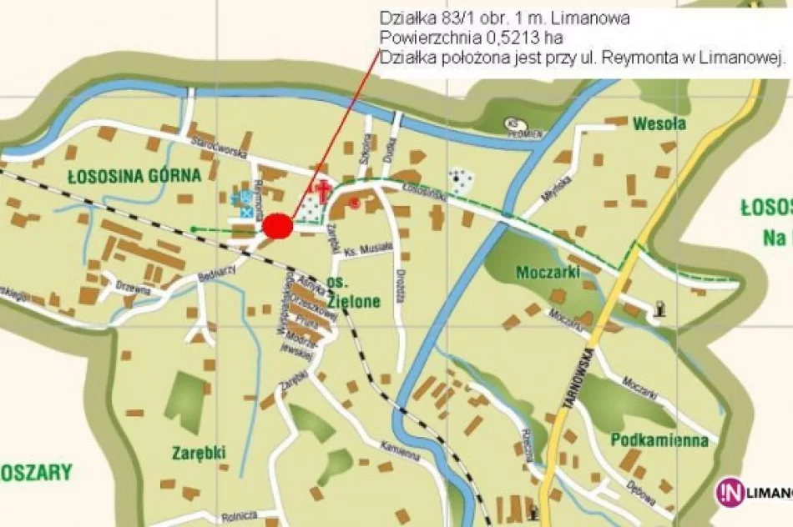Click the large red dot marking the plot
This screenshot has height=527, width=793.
pos(277,226)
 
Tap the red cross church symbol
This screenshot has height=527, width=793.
pos(319,191)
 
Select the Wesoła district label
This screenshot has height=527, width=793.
pos(659,124)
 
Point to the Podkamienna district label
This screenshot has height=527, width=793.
pos(659,440)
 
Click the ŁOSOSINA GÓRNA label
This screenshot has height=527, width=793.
pos(134,175)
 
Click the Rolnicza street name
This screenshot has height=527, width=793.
pos(240,518)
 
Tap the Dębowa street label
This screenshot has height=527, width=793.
pos(642,492)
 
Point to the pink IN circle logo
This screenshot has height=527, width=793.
pos(727,491)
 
